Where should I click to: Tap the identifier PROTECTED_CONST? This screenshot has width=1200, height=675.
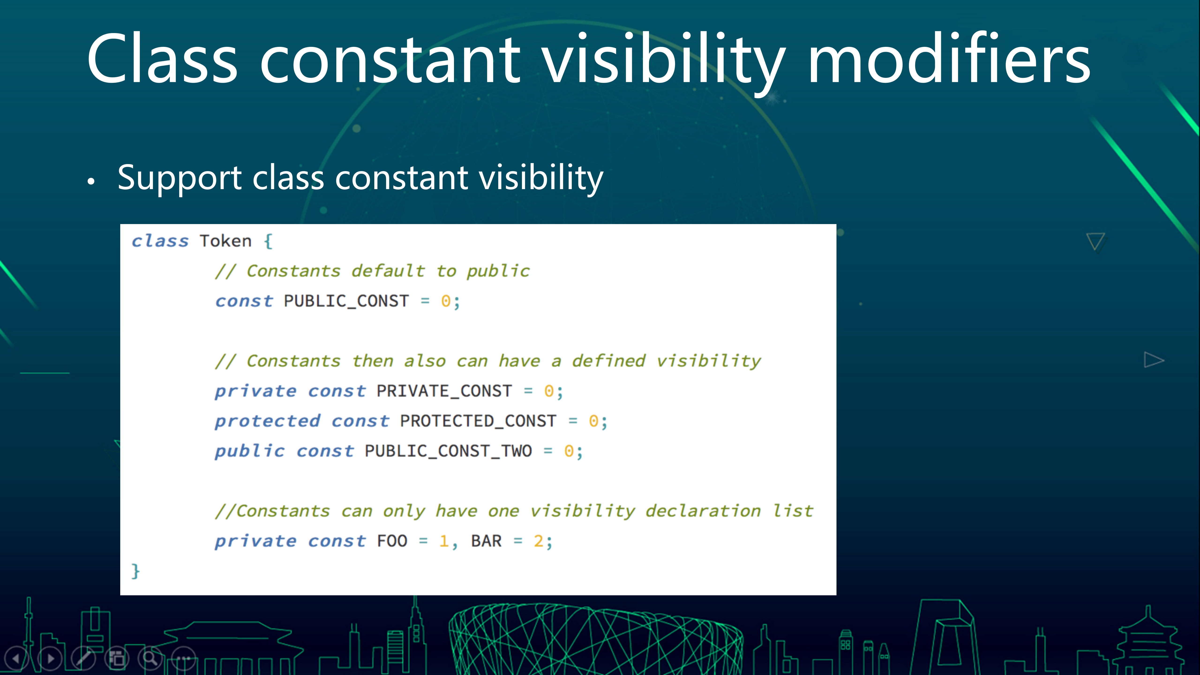[x=478, y=421]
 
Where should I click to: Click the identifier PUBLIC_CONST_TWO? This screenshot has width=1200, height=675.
[x=448, y=451]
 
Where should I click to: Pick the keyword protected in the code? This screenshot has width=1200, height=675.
[x=267, y=421]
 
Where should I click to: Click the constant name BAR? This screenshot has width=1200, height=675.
[x=486, y=541]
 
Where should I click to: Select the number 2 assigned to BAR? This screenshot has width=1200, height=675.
[x=539, y=541]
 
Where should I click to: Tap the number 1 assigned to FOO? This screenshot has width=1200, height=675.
[x=444, y=541]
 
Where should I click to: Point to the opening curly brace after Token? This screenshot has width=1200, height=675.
[x=268, y=241]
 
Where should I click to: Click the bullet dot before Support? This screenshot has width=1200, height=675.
[x=91, y=182]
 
